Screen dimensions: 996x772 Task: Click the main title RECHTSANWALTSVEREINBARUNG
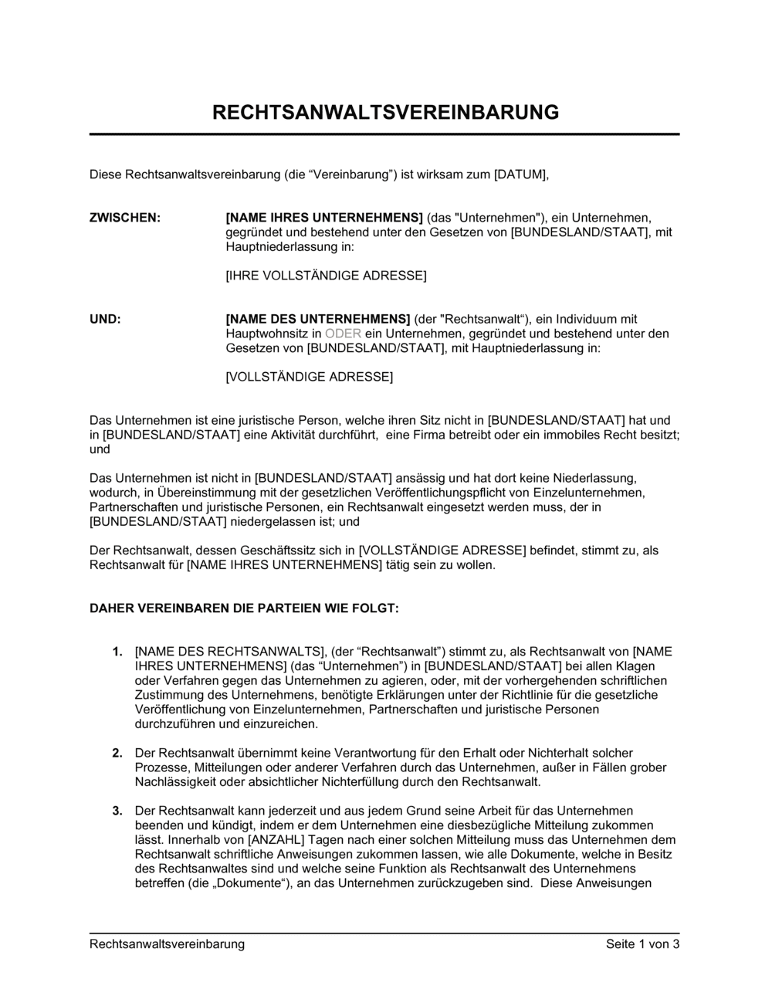pyautogui.click(x=385, y=112)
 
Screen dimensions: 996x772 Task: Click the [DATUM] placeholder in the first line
pyautogui.click(x=520, y=174)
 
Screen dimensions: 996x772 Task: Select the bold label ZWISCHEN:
pyautogui.click(x=125, y=218)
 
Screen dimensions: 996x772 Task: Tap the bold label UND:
pyautogui.click(x=105, y=319)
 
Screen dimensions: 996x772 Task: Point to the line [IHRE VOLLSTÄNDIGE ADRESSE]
pyautogui.click(x=326, y=276)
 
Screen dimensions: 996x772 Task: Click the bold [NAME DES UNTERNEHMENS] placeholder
pyautogui.click(x=317, y=319)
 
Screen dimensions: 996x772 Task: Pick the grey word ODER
pyautogui.click(x=343, y=334)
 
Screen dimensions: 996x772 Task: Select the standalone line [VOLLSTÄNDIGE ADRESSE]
pyautogui.click(x=309, y=377)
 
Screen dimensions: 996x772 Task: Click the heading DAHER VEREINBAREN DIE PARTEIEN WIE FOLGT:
pyautogui.click(x=244, y=608)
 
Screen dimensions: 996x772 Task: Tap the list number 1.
pyautogui.click(x=117, y=652)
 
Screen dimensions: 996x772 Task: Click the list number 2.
pyautogui.click(x=117, y=753)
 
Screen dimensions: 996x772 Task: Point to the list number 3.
pyautogui.click(x=117, y=811)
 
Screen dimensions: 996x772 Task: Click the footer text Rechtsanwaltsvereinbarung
pyautogui.click(x=167, y=944)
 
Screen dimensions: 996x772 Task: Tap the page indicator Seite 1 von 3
pyautogui.click(x=642, y=944)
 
